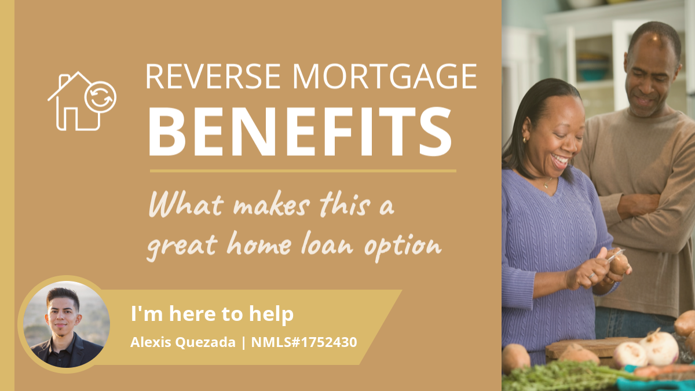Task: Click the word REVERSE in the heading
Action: (213, 76)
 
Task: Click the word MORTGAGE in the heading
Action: (385, 76)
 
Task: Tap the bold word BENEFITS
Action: (300, 131)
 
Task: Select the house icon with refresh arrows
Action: (82, 101)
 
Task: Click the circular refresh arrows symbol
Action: (100, 97)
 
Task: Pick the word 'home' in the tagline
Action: (259, 244)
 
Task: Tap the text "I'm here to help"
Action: (212, 314)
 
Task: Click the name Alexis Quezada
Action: (183, 342)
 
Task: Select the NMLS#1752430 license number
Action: (304, 342)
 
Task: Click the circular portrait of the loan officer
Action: (67, 324)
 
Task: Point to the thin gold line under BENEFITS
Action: (303, 171)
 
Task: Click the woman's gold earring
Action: (525, 140)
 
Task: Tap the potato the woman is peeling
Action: (618, 263)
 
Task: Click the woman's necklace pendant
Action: (546, 185)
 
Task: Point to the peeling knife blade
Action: (615, 255)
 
